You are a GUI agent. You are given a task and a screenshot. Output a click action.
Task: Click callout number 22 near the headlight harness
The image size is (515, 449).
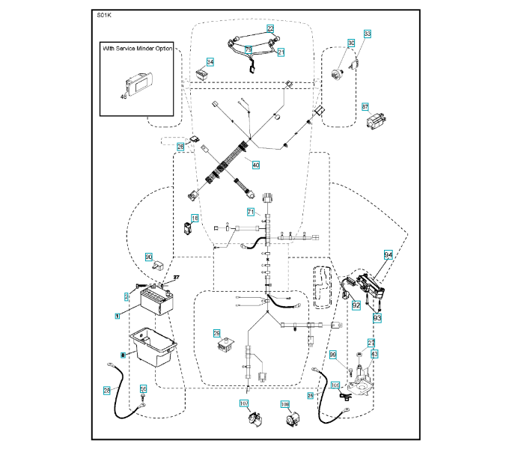[270, 28]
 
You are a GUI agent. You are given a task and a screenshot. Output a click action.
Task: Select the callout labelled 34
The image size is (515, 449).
[210, 62]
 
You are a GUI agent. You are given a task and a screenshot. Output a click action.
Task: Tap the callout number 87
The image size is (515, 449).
[365, 106]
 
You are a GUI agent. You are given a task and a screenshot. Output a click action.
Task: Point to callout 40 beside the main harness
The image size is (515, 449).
[256, 165]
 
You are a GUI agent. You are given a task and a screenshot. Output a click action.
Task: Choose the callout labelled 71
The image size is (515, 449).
[252, 213]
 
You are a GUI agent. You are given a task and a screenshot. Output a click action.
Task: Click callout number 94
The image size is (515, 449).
[388, 255]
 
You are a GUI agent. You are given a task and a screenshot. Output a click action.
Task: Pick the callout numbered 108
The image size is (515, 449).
[284, 404]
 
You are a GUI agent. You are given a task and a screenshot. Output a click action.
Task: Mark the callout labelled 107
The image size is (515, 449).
[243, 404]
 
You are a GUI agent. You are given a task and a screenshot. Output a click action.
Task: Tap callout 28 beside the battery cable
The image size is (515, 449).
[107, 391]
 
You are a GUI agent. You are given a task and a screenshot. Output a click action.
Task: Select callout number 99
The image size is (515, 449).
[333, 354]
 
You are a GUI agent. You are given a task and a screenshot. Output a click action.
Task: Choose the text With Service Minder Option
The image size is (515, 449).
[137, 49]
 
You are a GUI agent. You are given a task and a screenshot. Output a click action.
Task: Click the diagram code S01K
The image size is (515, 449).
[104, 15]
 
